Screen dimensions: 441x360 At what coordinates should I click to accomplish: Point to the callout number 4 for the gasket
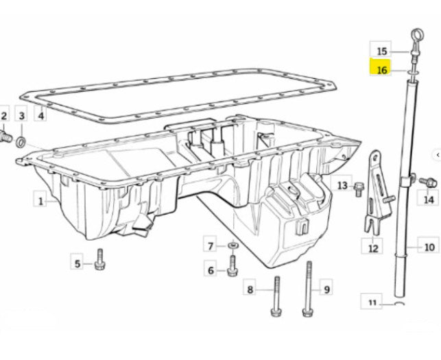tap(40, 115)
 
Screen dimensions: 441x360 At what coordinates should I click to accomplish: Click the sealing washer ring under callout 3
tap(21, 143)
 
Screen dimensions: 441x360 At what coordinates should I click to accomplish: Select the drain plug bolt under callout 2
tap(5, 137)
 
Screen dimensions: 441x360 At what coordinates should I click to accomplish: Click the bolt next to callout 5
tap(100, 260)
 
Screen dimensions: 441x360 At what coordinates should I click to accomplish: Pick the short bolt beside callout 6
tap(233, 266)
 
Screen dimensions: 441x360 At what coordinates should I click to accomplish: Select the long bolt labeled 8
tap(277, 296)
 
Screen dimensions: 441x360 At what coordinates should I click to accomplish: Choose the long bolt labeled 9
tap(308, 289)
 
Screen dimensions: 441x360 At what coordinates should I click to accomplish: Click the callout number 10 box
tap(429, 246)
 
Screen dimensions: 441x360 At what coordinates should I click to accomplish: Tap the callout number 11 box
tap(372, 302)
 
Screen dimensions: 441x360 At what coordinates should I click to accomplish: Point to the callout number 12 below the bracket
tap(372, 248)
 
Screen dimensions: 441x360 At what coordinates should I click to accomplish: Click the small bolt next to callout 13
tap(358, 189)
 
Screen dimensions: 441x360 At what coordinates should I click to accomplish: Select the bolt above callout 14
tap(429, 182)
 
